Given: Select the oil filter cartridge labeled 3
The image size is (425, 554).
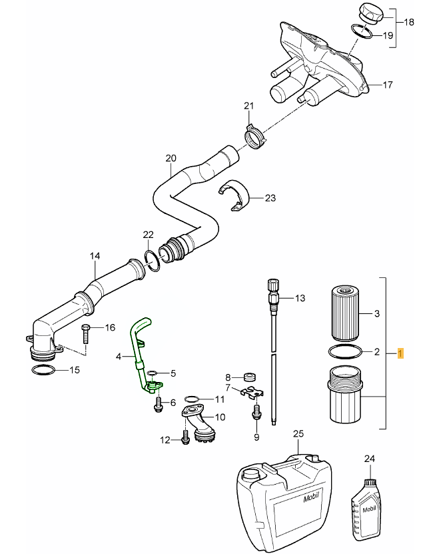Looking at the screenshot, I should coord(344,312).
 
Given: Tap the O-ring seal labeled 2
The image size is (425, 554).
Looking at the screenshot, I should coord(345,351).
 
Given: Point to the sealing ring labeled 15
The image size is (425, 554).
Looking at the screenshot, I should coord(43,369).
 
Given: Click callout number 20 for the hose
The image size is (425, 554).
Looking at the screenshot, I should coord(171,159).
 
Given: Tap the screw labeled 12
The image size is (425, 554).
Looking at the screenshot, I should coord(184,439).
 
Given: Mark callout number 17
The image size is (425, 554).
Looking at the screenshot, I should coord(388,85).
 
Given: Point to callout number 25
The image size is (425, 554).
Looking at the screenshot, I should coord(298,434).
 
